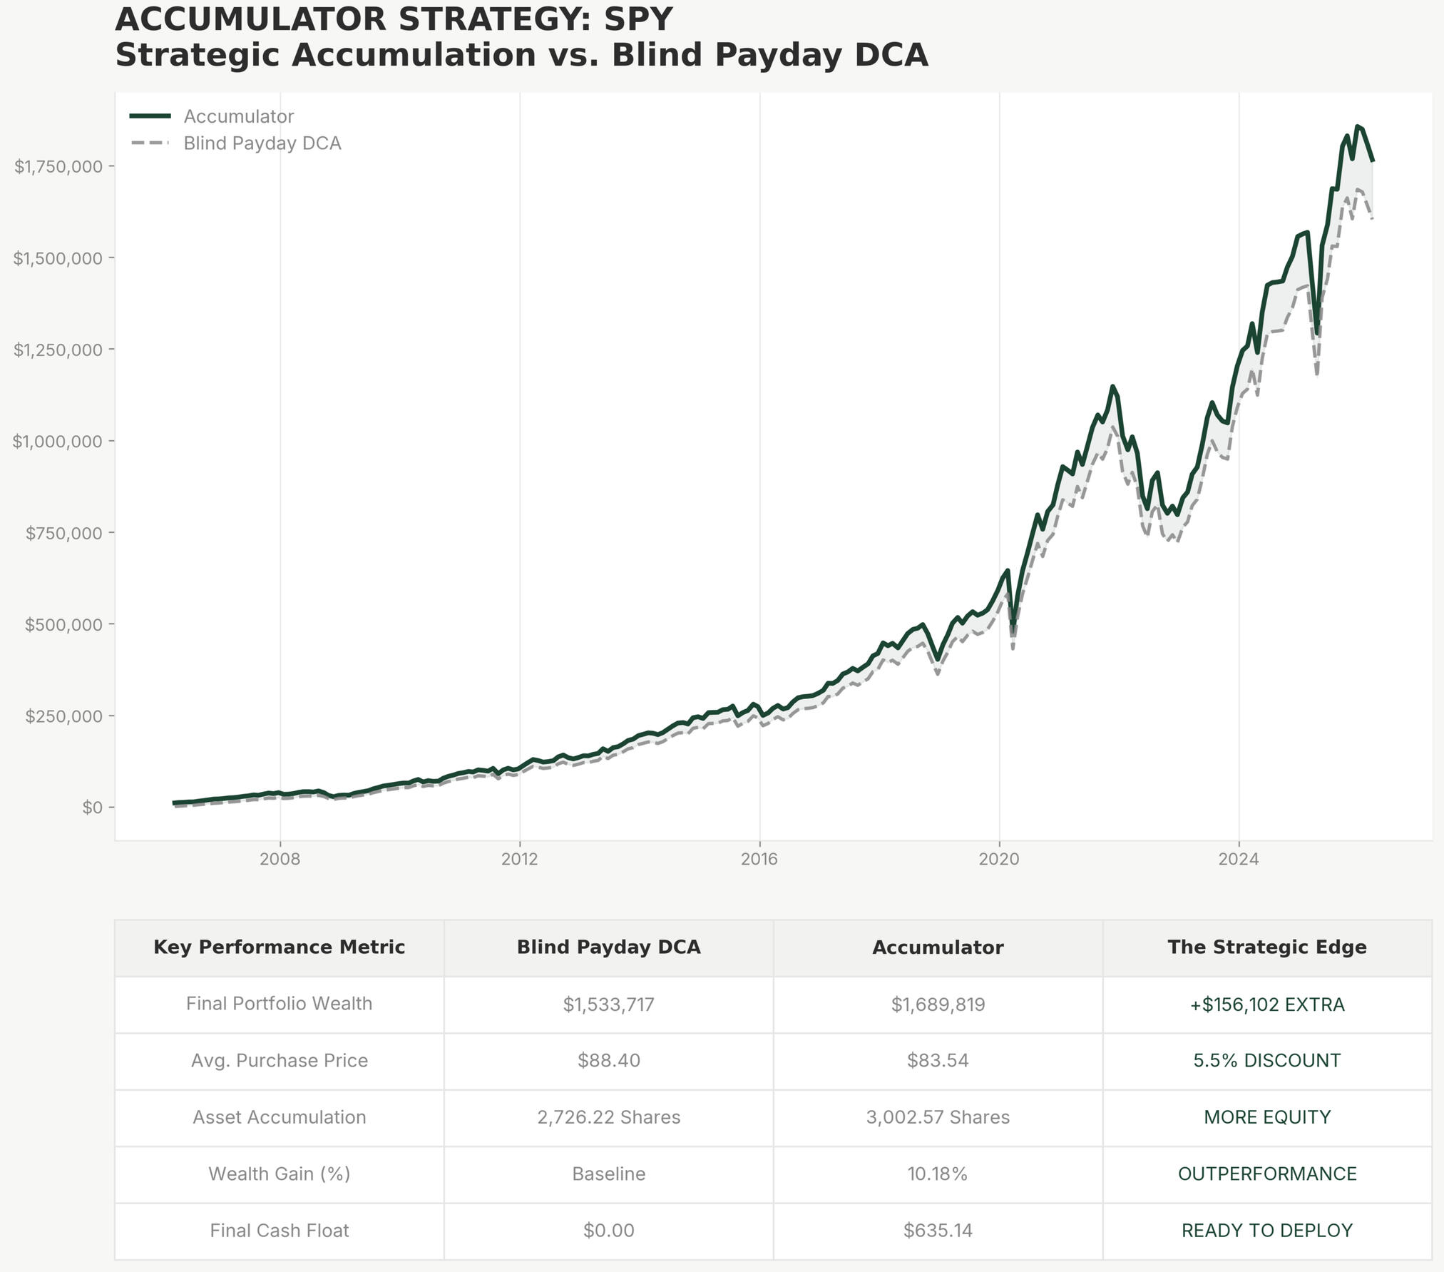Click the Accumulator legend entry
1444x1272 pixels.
(x=238, y=116)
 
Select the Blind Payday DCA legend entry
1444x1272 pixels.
(x=262, y=143)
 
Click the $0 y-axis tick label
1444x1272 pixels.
(x=93, y=808)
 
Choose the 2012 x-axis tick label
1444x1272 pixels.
(x=520, y=859)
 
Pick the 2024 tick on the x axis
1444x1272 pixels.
(x=1239, y=859)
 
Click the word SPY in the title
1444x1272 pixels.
(x=638, y=19)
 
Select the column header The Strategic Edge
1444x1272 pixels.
(x=1266, y=947)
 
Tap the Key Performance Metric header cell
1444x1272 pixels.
(x=279, y=947)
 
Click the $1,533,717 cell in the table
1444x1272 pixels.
(x=608, y=1004)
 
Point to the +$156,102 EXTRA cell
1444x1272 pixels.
(x=1266, y=1004)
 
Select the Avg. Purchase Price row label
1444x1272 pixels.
(x=279, y=1061)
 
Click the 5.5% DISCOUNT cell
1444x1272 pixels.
(x=1266, y=1061)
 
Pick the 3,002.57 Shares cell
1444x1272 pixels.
(x=938, y=1117)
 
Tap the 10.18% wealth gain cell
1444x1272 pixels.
(x=938, y=1174)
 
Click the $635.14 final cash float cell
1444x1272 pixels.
(x=938, y=1231)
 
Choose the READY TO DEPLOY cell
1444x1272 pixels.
(x=1266, y=1231)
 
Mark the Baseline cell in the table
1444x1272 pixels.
(x=608, y=1174)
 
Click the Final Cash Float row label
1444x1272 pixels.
(x=279, y=1231)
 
